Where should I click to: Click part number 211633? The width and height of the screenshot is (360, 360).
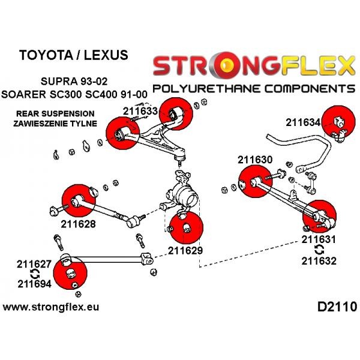click(x=140, y=112)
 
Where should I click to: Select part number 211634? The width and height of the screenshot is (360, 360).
click(x=303, y=122)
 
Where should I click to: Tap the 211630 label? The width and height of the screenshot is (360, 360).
click(x=255, y=160)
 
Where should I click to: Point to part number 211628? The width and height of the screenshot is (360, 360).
click(x=78, y=224)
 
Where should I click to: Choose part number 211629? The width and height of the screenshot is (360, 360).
click(x=185, y=250)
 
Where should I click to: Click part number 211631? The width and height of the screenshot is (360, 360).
click(x=319, y=239)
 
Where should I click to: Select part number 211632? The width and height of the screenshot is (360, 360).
click(x=319, y=261)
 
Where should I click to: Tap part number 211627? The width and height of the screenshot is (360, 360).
click(x=34, y=264)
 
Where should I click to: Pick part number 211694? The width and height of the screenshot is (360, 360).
click(x=34, y=284)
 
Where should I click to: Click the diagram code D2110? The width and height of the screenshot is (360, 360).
click(x=337, y=307)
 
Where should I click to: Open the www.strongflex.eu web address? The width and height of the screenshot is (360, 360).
click(x=51, y=307)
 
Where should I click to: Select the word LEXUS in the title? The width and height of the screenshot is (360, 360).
click(x=106, y=55)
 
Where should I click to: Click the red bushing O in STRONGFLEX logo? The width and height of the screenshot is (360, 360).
click(x=225, y=65)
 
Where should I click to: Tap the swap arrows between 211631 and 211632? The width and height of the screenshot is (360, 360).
click(x=319, y=250)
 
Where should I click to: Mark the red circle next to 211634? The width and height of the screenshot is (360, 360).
click(x=338, y=122)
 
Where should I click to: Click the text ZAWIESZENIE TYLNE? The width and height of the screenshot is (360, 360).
click(x=55, y=124)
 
